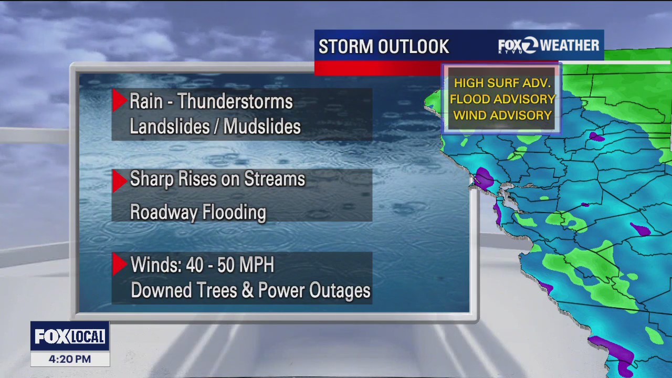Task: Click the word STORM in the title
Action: [x=344, y=47]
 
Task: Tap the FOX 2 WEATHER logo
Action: [x=548, y=46]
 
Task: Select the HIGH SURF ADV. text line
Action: [x=502, y=83]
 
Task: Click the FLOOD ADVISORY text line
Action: [x=502, y=99]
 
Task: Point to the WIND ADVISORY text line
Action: [x=502, y=115]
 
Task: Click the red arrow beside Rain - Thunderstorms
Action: [x=119, y=100]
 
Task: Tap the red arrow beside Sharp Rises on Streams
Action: [x=119, y=180]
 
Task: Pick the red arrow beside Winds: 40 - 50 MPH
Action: [x=119, y=264]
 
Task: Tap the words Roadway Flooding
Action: [x=198, y=213]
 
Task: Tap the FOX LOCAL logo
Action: [x=70, y=337]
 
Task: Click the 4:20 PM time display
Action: [x=70, y=360]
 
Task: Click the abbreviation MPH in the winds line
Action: [x=257, y=265]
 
